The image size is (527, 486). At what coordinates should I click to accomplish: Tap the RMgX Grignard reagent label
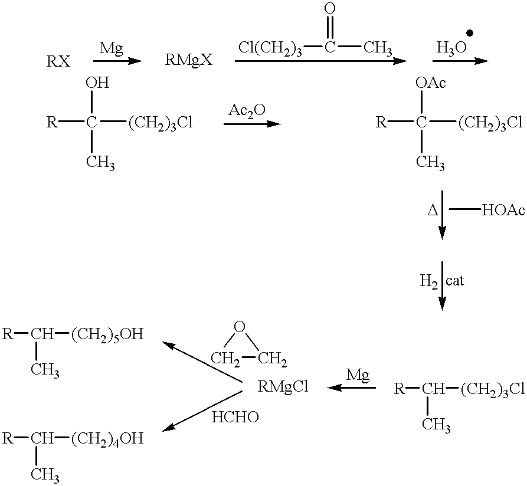[x=188, y=61]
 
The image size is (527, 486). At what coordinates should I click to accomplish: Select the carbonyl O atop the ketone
[x=330, y=9]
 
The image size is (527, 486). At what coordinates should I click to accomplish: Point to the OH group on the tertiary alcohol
[x=97, y=84]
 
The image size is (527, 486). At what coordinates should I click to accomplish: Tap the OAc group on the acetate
[x=430, y=84]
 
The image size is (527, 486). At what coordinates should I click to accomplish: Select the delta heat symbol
[x=431, y=211]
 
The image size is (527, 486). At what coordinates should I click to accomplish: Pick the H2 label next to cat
[x=428, y=281]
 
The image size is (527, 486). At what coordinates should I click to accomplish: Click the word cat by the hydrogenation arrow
[x=455, y=281]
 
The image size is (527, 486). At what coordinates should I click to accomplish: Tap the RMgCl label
[x=283, y=387]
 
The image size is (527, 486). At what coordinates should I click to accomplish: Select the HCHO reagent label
[x=235, y=416]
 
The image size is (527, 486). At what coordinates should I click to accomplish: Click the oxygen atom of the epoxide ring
[x=238, y=327]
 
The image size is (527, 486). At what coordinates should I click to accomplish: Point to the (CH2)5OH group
[x=107, y=335]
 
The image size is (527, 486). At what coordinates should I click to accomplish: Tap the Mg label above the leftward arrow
[x=358, y=374]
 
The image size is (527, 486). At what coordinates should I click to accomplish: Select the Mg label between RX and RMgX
[x=111, y=48]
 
